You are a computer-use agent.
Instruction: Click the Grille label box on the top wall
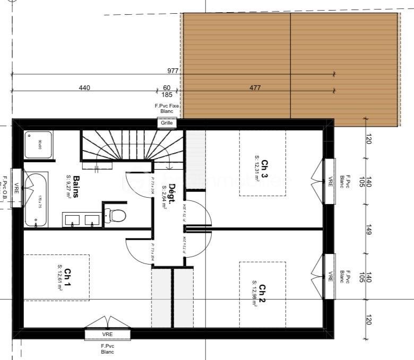tap(167, 123)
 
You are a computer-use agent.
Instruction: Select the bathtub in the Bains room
tap(36, 200)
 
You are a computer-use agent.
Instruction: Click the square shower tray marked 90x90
tap(38, 144)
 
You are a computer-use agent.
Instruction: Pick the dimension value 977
tap(173, 71)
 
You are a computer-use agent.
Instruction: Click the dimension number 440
tap(84, 87)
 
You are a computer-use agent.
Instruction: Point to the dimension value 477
tap(255, 87)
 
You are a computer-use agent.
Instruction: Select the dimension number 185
tap(167, 95)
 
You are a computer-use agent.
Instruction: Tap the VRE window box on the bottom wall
tap(107, 335)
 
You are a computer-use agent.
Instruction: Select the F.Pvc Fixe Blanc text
tap(167, 109)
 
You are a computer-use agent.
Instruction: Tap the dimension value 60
tap(167, 87)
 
